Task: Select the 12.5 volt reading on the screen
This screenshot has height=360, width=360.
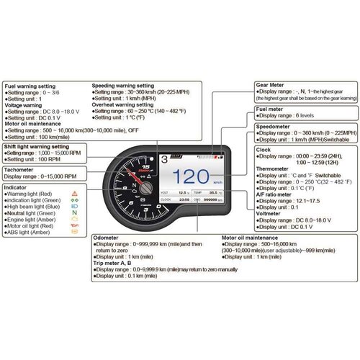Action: pyautogui.click(x=184, y=193)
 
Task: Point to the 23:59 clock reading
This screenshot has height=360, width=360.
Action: pyautogui.click(x=184, y=199)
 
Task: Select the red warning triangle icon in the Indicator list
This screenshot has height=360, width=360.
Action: pyautogui.click(x=75, y=194)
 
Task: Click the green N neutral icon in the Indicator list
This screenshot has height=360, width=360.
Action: pyautogui.click(x=75, y=212)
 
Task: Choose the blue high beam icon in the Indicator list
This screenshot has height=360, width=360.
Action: pyautogui.click(x=75, y=207)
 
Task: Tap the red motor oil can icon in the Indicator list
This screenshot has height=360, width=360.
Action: pyautogui.click(x=75, y=226)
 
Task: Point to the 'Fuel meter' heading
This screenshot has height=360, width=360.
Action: pyautogui.click(x=271, y=109)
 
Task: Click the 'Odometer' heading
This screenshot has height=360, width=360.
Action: pyautogui.click(x=112, y=237)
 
